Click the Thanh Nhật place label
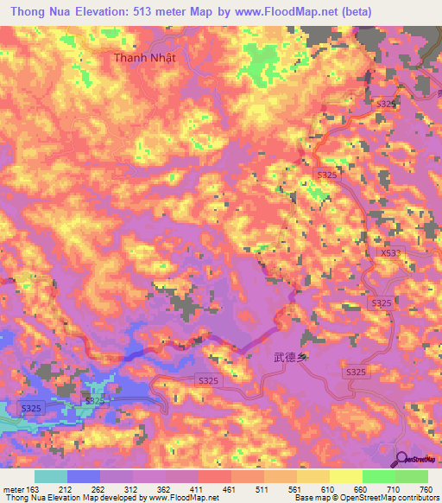144,58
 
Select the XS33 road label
391,253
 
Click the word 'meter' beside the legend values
12,488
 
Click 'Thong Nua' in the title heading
40,12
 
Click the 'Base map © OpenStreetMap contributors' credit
365,498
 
